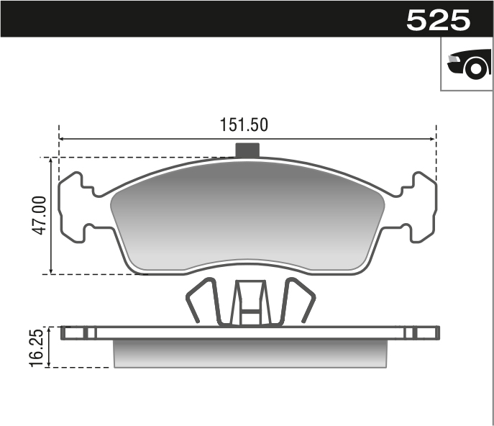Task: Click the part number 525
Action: (x=438, y=19)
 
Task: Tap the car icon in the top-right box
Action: (x=467, y=65)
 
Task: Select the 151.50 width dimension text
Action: (x=244, y=124)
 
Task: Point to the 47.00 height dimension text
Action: (x=39, y=215)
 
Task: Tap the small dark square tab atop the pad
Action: (x=247, y=150)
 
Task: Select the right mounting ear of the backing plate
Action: (x=421, y=207)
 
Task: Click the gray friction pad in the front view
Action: (x=247, y=216)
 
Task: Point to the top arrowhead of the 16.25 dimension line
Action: (x=50, y=330)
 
